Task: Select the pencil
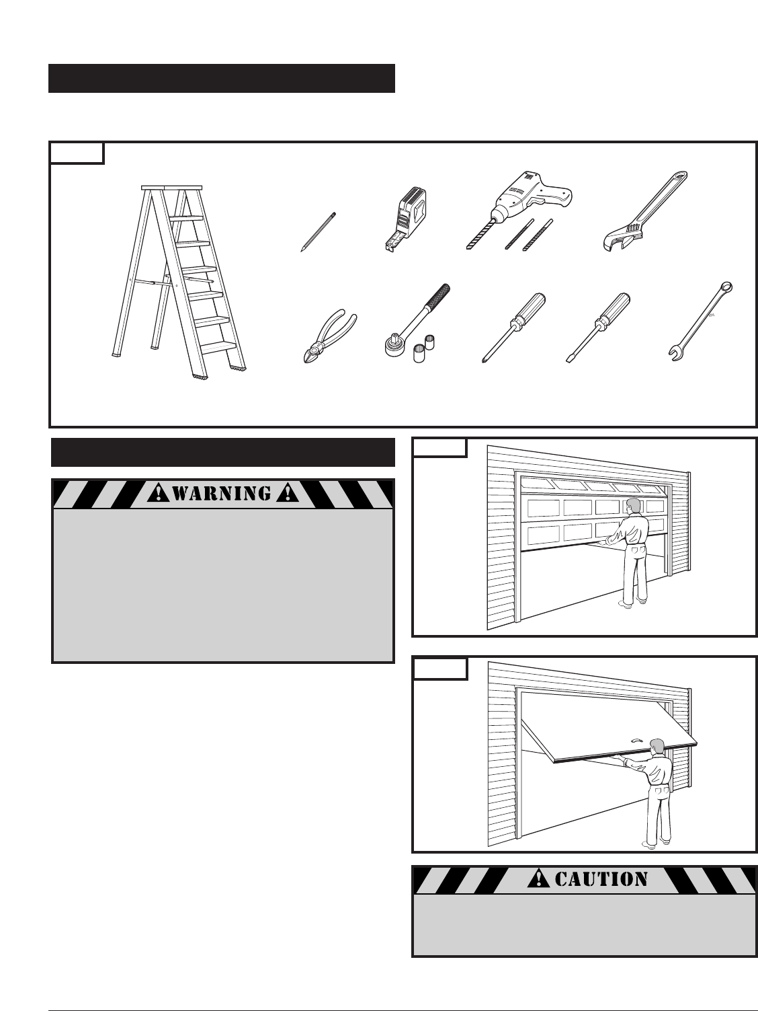[317, 232]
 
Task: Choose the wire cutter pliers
[327, 336]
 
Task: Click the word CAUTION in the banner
[601, 878]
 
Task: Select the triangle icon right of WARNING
[287, 494]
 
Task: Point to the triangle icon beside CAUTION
[539, 878]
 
